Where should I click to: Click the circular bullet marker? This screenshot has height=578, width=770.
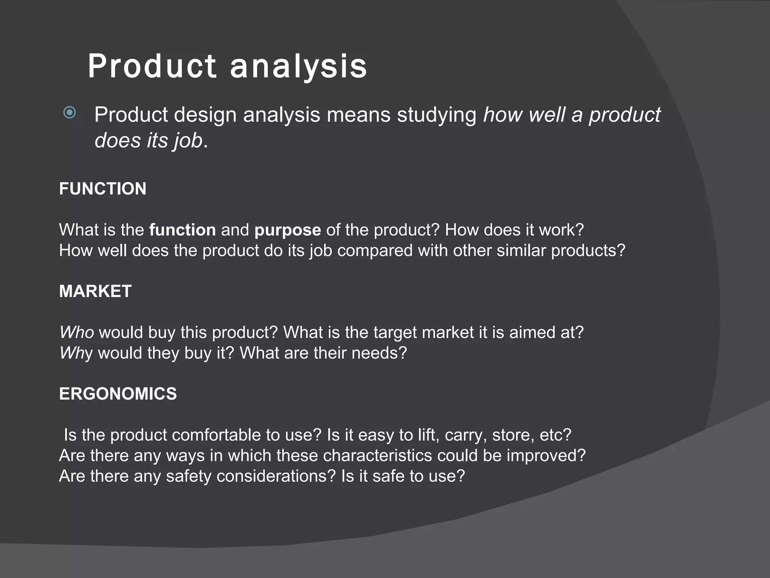(x=70, y=113)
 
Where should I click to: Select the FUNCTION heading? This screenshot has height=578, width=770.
(x=103, y=189)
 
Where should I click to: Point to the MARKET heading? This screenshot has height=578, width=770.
(x=95, y=291)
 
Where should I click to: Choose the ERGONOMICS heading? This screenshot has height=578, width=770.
(x=118, y=394)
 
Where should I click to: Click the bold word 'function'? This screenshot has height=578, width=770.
(x=182, y=230)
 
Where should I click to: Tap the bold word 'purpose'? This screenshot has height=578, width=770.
(x=288, y=230)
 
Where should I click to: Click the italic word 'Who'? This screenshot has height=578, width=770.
(x=77, y=333)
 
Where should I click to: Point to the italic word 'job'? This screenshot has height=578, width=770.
(x=188, y=141)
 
